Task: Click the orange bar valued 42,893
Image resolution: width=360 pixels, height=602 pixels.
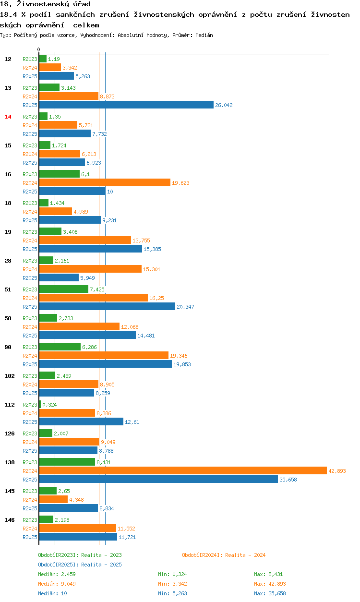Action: [x=182, y=470]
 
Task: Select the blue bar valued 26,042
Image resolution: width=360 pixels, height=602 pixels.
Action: [x=126, y=105]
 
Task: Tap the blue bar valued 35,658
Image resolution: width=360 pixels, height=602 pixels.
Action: [x=158, y=479]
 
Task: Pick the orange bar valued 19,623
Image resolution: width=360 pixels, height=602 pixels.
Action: [x=104, y=182]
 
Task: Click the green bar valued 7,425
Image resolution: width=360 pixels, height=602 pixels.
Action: [x=63, y=289]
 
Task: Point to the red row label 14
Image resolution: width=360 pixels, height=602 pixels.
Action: [x=8, y=117]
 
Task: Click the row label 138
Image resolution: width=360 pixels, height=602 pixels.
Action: [x=9, y=462]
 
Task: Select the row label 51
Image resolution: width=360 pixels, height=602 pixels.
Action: [x=8, y=289]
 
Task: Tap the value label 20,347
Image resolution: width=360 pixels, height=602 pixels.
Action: [x=185, y=307]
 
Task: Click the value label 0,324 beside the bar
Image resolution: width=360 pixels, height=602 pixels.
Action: [x=50, y=405]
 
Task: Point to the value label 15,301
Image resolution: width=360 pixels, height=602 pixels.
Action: [x=152, y=269]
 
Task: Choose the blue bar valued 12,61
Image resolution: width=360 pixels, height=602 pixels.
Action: [x=81, y=421]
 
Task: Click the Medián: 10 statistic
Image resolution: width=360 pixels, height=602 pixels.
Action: [x=52, y=593]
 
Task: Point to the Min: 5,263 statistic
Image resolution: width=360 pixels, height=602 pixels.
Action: [x=170, y=593]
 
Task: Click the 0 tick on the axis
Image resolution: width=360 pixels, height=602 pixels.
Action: [x=39, y=49]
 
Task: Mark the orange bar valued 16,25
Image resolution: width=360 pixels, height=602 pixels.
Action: [x=93, y=298]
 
